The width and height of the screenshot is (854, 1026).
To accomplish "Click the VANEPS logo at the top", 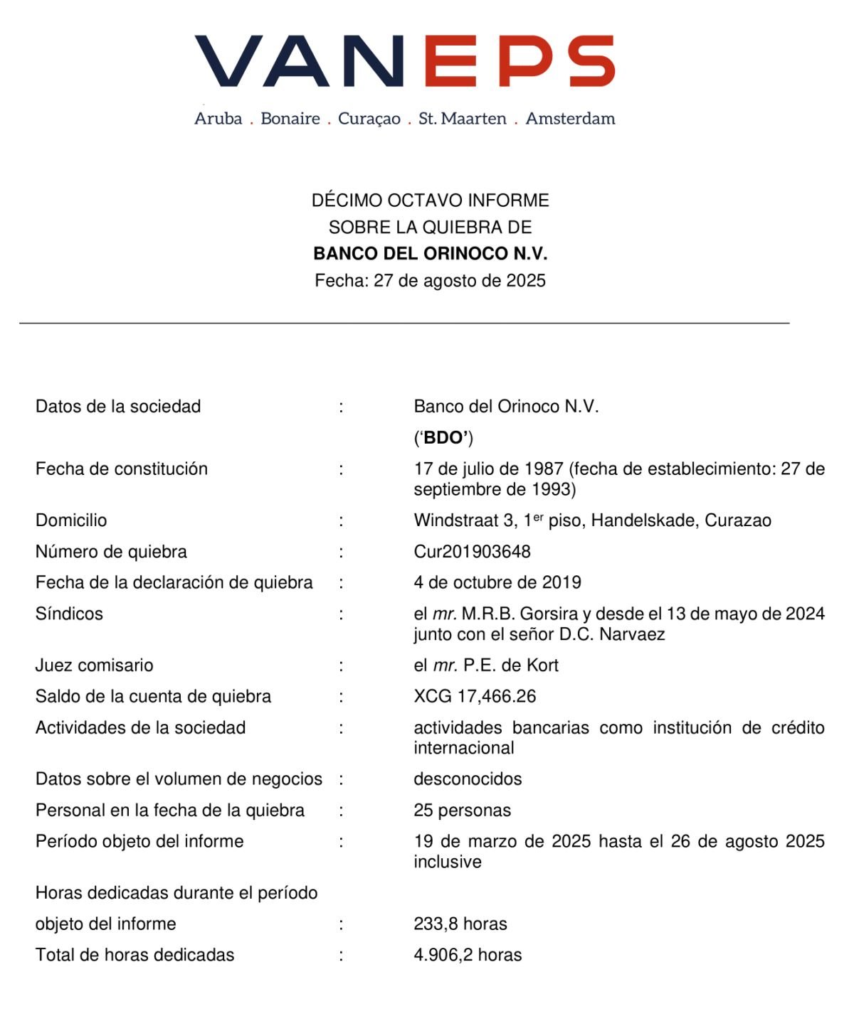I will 404,61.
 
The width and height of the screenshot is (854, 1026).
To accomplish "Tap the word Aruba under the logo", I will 218,119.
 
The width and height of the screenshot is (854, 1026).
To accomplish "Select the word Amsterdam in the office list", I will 570,119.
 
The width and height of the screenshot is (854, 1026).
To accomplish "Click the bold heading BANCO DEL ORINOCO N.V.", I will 430,254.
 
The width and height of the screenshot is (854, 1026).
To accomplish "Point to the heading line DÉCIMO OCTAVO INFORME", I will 430,201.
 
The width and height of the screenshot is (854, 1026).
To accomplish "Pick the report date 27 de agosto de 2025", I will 460,281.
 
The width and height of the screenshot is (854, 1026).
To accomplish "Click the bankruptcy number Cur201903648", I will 472,552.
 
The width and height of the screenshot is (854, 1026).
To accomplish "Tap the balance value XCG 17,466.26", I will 475,697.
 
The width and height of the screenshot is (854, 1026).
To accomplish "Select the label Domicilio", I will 71,520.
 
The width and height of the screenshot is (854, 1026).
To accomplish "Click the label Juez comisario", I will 94,666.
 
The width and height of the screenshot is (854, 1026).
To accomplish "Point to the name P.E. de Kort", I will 510,666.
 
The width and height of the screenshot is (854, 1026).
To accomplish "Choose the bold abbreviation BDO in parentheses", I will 444,438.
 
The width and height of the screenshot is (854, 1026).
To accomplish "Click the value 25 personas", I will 462,811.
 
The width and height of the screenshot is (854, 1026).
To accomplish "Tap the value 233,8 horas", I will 460,924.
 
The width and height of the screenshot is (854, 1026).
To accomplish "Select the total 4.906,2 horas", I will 468,956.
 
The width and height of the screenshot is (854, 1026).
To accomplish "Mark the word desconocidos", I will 468,779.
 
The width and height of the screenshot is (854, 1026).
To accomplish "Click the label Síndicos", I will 69,614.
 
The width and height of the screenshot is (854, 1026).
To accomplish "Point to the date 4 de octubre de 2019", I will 497,583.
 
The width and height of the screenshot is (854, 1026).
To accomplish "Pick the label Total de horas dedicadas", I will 135,956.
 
